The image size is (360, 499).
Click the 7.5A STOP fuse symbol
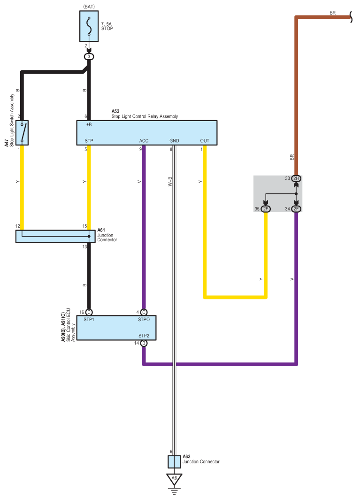(89, 26)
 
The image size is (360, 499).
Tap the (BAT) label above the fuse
(89, 7)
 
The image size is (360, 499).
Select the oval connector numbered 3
(89, 57)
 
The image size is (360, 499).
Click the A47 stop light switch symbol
(22, 133)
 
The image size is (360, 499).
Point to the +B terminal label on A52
(89, 125)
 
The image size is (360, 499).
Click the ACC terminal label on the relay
(144, 141)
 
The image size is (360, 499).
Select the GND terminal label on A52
(174, 141)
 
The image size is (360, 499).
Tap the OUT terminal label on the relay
(205, 141)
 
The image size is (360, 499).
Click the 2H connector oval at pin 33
(296, 178)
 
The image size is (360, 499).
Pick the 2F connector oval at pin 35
(266, 209)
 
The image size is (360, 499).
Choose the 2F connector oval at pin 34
(296, 209)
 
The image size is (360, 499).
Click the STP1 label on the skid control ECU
(89, 320)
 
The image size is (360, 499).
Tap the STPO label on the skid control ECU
(144, 320)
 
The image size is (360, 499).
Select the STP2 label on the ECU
(144, 336)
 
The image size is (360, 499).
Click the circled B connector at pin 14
(144, 343)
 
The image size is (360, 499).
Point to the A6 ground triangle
(174, 479)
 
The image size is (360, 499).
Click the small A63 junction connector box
(174, 462)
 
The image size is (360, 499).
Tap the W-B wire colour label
(170, 181)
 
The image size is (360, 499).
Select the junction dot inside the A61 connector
(89, 237)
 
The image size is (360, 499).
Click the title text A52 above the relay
(115, 111)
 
